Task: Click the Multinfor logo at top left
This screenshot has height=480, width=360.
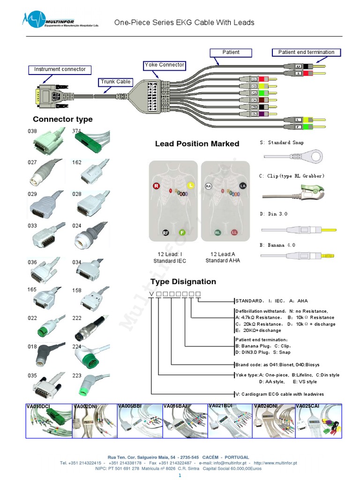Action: tap(46, 20)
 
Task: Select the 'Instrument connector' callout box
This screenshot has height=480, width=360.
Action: tap(60, 69)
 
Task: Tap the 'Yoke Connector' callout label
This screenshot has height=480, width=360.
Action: tap(165, 65)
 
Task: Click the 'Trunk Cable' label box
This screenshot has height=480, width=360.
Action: tap(115, 82)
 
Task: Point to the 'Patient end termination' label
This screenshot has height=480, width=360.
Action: tap(306, 52)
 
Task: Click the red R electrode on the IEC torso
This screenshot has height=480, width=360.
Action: tap(156, 186)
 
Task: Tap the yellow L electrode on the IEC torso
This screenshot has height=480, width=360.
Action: tap(190, 186)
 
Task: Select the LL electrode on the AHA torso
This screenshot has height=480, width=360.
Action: tap(234, 232)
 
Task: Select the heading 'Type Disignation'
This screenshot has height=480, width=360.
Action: tap(183, 282)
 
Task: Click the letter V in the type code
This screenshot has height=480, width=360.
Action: tap(151, 294)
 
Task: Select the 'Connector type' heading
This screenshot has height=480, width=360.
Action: tap(62, 120)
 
